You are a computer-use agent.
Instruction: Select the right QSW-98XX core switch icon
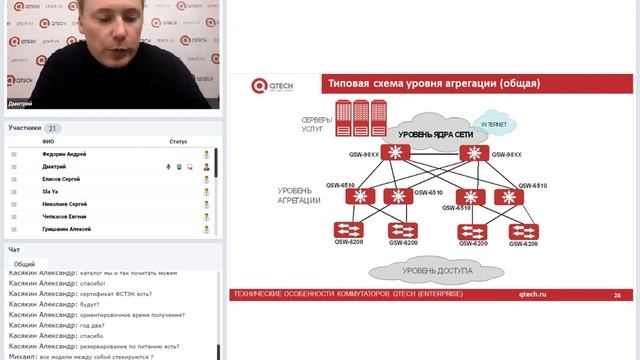click(x=472, y=154)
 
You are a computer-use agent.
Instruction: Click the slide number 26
click(x=617, y=295)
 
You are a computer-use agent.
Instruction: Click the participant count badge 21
click(x=53, y=128)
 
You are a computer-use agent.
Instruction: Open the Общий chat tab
click(x=25, y=264)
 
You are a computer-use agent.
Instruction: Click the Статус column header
click(x=178, y=142)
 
